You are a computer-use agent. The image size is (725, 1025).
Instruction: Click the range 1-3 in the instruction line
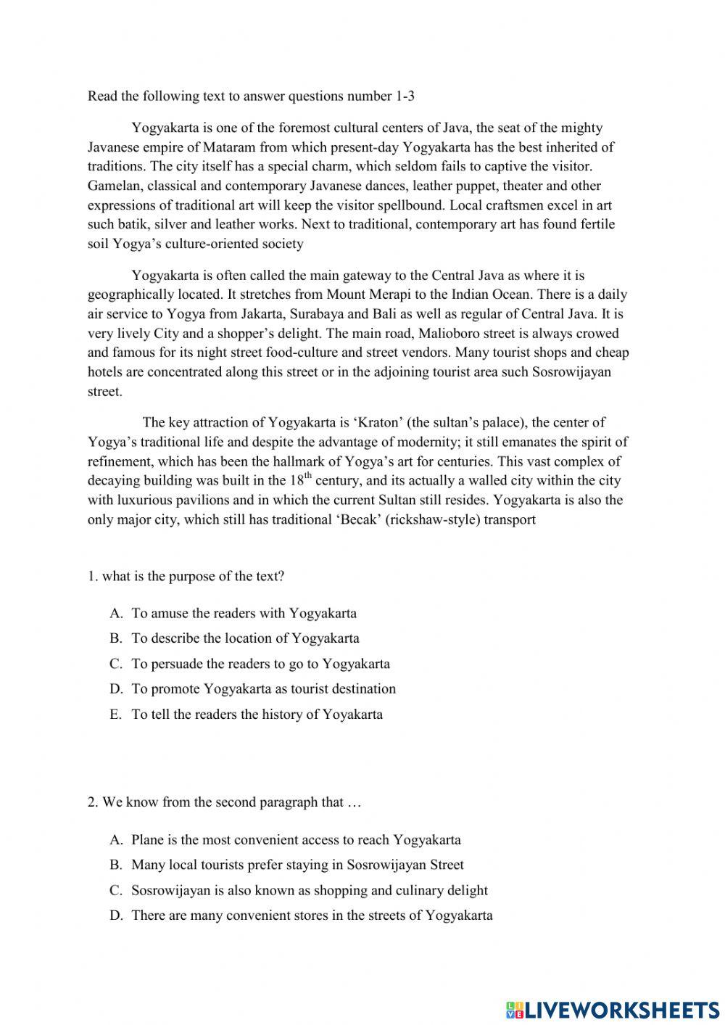click(x=405, y=96)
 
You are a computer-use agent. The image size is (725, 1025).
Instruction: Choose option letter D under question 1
click(x=115, y=689)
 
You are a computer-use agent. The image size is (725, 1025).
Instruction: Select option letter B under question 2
click(x=115, y=865)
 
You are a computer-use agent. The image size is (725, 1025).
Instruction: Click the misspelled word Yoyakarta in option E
click(x=352, y=715)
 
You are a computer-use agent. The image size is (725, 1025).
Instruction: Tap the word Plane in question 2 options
click(x=147, y=840)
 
